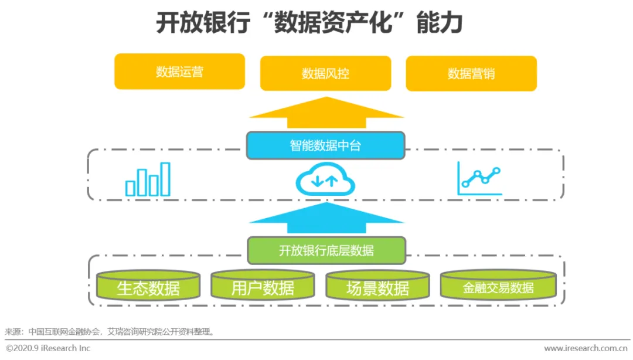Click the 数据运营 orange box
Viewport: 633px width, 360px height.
coord(179,72)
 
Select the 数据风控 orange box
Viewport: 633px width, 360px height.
coord(325,73)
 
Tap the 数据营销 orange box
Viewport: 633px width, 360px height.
coord(471,73)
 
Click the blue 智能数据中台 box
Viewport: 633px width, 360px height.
coord(325,145)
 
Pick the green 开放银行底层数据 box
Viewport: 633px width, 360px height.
coord(326,250)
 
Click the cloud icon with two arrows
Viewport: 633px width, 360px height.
coord(325,179)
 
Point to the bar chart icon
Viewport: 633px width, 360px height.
coord(148,180)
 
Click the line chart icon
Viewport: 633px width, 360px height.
coord(479,179)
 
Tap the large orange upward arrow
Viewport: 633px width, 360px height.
coord(326,113)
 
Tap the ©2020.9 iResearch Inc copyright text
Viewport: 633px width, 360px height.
coord(48,348)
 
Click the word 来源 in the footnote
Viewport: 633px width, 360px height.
coord(12,332)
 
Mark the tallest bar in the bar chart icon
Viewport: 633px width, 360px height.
coord(165,179)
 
